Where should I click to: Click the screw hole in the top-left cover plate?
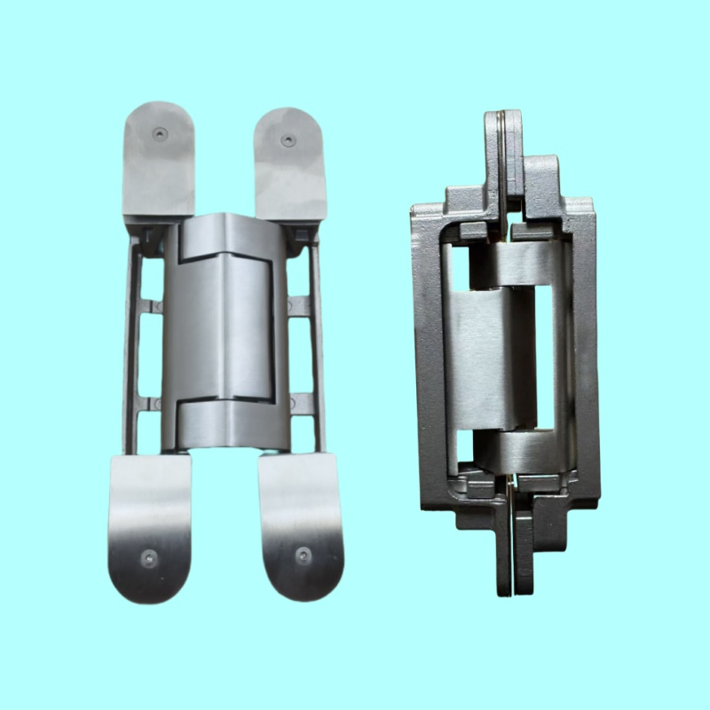[x=160, y=133]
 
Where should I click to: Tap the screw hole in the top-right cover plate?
[x=288, y=140]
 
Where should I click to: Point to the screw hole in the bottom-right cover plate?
[x=303, y=556]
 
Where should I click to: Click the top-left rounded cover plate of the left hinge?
[x=160, y=160]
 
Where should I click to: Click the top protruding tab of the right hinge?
[x=509, y=151]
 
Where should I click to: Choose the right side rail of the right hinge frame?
[x=582, y=355]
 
